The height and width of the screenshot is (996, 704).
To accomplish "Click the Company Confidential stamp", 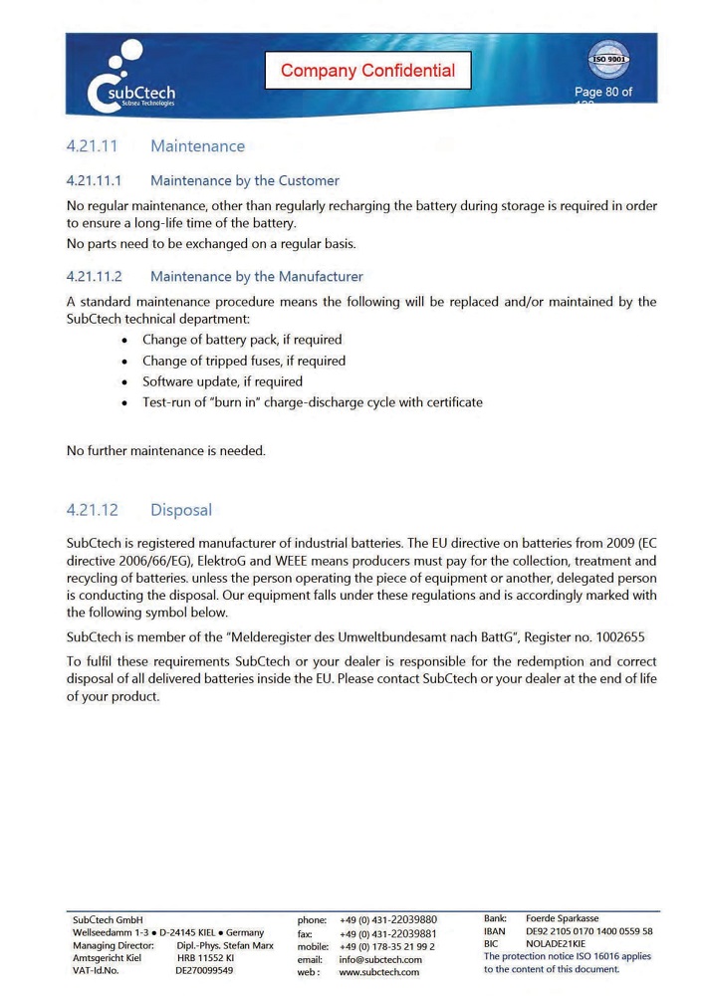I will [x=367, y=71].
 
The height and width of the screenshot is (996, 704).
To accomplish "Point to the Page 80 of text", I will [x=602, y=93].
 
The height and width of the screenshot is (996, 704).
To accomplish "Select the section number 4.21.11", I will [x=93, y=146].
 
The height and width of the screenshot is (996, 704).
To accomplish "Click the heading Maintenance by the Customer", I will [x=244, y=181].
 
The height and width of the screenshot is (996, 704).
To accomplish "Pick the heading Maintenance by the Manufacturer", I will [x=256, y=277].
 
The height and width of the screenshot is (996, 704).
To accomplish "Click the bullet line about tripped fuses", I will [x=243, y=361].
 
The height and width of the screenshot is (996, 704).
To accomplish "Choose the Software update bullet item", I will [x=222, y=381].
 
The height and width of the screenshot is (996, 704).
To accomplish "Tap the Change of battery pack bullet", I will [x=241, y=340].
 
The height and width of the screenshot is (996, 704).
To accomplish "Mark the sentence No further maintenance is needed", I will [x=166, y=451].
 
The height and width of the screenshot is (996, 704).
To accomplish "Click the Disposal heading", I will [x=180, y=510].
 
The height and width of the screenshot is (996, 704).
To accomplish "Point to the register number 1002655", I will [x=626, y=636].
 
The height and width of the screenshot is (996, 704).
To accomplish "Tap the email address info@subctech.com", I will [x=380, y=960].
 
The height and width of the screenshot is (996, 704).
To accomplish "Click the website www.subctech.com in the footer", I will [x=378, y=972].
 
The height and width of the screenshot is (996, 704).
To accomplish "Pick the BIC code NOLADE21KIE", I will [x=556, y=943].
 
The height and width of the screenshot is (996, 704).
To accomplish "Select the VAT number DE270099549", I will [x=204, y=970].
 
